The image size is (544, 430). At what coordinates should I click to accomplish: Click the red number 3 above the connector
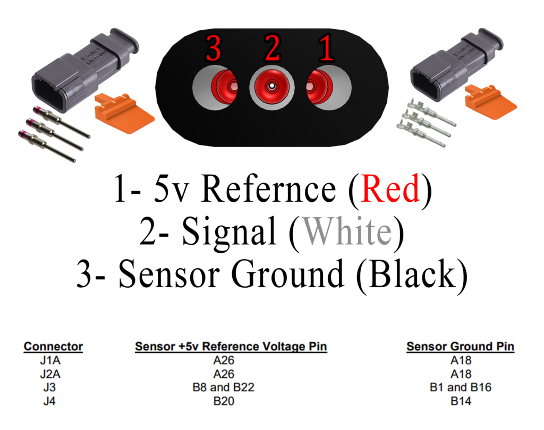[213, 49]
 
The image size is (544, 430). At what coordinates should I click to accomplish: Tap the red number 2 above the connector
[272, 49]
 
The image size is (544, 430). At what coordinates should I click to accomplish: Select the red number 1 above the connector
[326, 49]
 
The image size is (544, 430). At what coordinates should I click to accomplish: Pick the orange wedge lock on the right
[489, 101]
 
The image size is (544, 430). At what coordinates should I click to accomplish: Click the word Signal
[229, 233]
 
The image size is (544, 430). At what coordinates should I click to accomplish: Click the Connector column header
[53, 347]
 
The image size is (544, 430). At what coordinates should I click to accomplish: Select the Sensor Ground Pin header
[460, 347]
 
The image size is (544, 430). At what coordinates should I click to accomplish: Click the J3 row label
[49, 388]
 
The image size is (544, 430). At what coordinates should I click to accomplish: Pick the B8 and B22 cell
[223, 388]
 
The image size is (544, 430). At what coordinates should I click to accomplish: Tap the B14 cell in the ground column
[461, 401]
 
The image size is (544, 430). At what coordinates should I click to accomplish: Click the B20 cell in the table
[223, 401]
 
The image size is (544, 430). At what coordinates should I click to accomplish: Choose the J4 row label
[49, 401]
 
